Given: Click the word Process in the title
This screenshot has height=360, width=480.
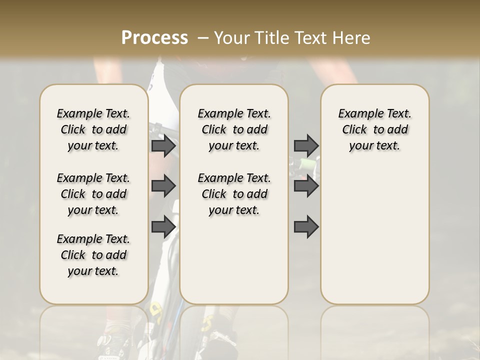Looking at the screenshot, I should point(154,38).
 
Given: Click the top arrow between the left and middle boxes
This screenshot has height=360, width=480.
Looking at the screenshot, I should point(163,145).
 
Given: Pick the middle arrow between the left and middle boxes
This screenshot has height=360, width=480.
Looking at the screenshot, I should point(163,186).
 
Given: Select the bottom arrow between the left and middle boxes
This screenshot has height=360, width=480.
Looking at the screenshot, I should point(163,227).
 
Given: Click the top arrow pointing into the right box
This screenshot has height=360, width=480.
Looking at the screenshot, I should point(306,145).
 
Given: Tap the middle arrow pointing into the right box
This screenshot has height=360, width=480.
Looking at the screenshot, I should point(306,186).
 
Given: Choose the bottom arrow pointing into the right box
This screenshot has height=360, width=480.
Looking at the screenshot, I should point(306,227).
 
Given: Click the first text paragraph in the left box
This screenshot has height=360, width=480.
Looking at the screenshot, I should point(93,129).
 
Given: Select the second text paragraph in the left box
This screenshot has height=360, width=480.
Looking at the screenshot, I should point(93,194).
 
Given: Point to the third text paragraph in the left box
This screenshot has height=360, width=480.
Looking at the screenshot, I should point(93,255).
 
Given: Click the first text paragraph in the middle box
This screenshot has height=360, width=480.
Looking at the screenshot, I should point(234,129).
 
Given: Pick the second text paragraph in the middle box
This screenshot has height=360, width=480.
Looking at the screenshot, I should point(234,194).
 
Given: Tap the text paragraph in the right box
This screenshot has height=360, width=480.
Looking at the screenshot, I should point(374,129).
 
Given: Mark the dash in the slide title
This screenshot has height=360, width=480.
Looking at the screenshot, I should point(203,38).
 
